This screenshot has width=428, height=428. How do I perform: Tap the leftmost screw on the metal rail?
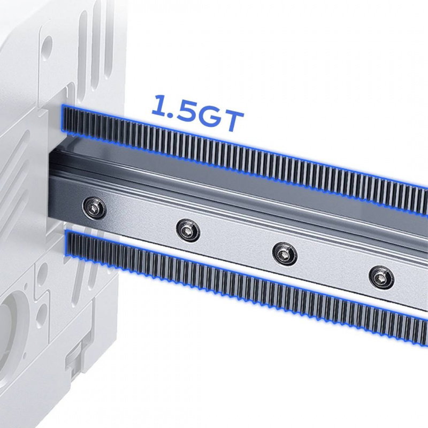[94, 208]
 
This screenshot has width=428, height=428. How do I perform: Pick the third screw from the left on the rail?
[285, 254]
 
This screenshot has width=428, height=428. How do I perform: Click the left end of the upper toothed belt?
[64, 119]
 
